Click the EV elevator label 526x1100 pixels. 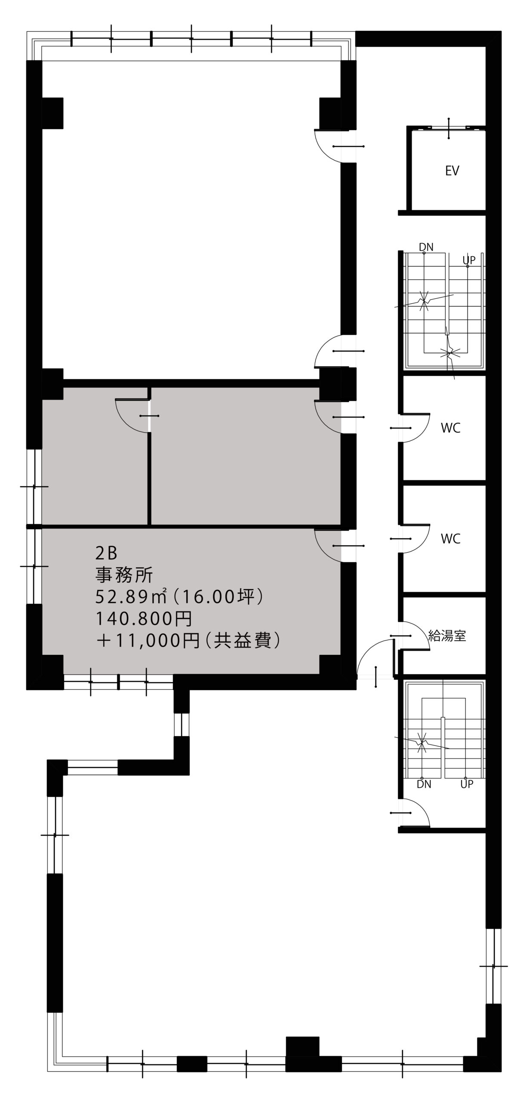coord(452,171)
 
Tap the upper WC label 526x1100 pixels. coord(451,428)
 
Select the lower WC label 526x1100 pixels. coord(451,538)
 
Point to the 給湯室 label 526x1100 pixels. coord(447,636)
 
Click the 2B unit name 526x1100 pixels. coord(106,553)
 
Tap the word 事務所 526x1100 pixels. coord(124,575)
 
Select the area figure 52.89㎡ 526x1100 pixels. coord(134,597)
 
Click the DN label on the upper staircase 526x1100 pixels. coord(426,247)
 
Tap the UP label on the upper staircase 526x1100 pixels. coord(469,260)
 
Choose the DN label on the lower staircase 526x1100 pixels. coord(424,784)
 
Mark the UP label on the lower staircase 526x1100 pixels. coord(467,784)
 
